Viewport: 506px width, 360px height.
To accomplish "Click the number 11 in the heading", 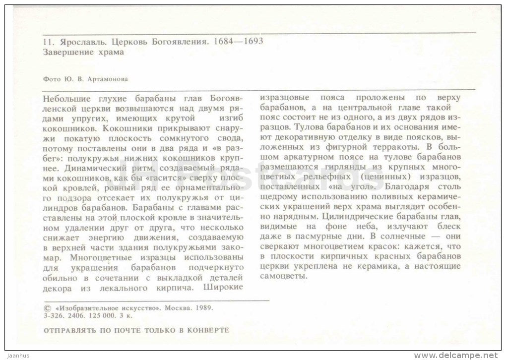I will click(x=48, y=42).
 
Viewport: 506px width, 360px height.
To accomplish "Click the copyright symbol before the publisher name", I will click(x=48, y=307).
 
